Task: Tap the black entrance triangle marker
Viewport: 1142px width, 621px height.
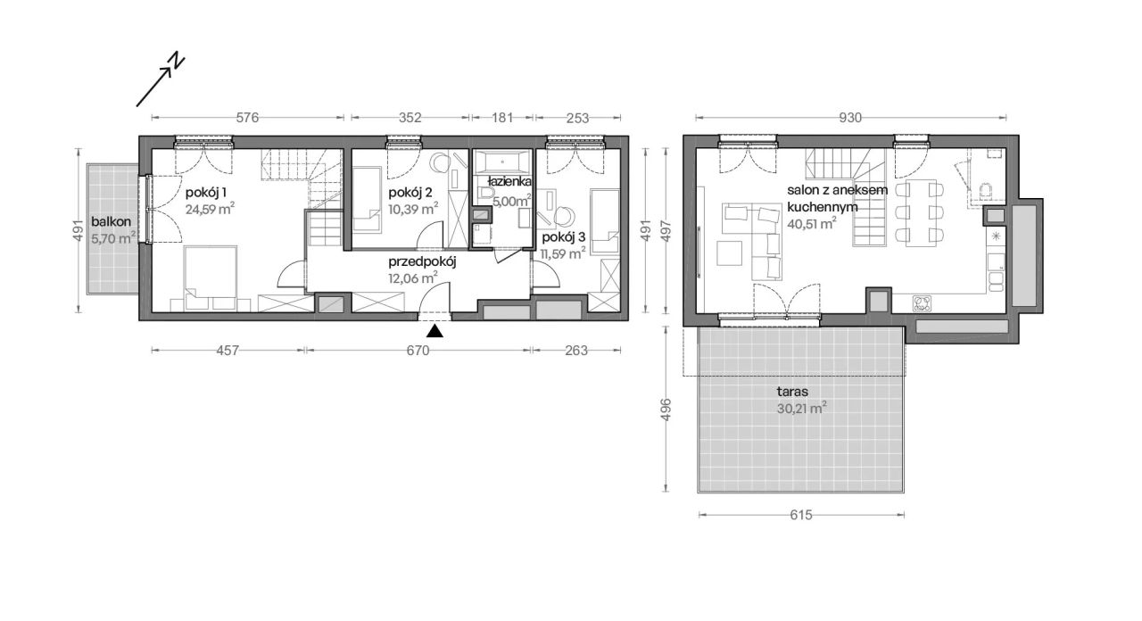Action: click(434, 331)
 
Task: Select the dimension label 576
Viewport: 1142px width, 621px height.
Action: click(248, 118)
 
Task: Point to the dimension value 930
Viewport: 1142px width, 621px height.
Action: click(850, 118)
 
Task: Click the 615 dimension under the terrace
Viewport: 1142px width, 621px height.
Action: click(801, 515)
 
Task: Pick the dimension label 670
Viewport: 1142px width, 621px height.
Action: click(418, 351)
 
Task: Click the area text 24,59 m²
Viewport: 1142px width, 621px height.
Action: click(210, 209)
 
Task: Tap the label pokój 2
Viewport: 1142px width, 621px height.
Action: click(410, 193)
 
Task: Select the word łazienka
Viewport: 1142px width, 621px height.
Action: click(509, 181)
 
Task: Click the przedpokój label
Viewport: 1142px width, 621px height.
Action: click(422, 262)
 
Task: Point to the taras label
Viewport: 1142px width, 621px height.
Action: click(792, 392)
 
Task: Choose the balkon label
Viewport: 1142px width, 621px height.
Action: click(112, 222)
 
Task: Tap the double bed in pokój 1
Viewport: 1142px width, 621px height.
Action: click(211, 277)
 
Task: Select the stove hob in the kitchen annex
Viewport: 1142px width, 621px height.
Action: click(922, 304)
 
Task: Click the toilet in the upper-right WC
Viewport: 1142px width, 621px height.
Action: click(986, 192)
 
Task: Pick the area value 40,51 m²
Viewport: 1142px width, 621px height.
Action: click(812, 223)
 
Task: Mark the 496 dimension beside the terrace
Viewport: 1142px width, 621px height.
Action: click(666, 410)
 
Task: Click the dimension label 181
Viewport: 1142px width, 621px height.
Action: click(502, 118)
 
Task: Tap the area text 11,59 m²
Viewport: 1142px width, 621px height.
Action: click(563, 253)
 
